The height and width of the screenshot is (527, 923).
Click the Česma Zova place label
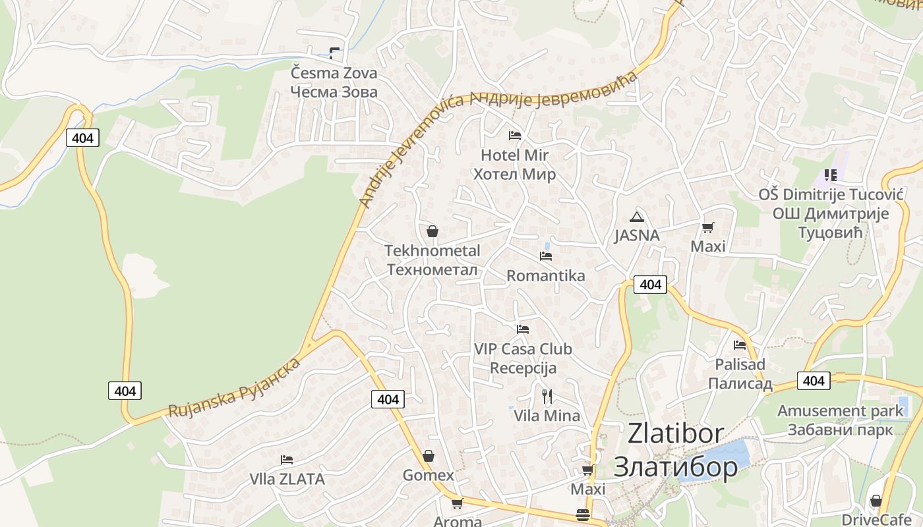(334, 82)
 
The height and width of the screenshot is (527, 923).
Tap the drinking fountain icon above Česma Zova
(336, 53)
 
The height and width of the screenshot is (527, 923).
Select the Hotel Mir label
(515, 165)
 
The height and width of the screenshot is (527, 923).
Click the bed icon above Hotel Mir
(515, 136)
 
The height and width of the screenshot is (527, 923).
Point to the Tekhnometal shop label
(432, 260)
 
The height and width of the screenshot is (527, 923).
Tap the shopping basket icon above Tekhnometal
(432, 231)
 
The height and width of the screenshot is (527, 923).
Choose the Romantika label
(545, 275)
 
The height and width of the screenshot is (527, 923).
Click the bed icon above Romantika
(546, 256)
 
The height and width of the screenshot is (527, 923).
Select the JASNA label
(637, 235)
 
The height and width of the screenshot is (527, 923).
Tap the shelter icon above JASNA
(636, 217)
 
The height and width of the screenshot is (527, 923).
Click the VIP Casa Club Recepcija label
(523, 358)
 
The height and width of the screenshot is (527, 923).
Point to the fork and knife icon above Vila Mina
(547, 396)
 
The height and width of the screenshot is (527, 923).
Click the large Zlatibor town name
(676, 450)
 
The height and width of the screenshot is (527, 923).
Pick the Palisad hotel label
(740, 374)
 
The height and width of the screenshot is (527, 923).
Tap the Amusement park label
(840, 420)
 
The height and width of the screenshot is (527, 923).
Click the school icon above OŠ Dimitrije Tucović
(831, 175)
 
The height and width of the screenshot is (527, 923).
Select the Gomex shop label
(429, 475)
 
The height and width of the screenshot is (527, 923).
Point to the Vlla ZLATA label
(287, 479)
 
